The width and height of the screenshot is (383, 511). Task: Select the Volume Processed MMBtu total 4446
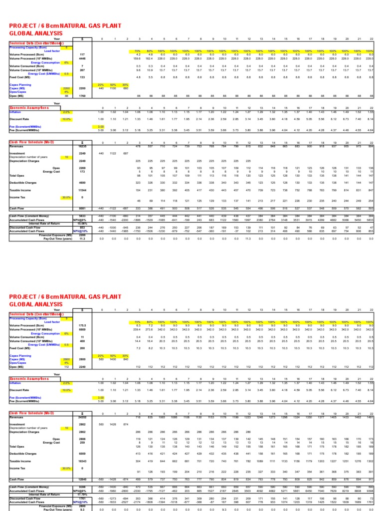pos(83,58)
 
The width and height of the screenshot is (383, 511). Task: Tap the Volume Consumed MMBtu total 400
pos(83,340)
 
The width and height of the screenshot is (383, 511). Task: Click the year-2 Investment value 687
pos(127,153)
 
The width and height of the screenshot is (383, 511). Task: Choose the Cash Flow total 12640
pos(83,478)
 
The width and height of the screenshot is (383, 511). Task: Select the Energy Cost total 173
pos(83,172)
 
